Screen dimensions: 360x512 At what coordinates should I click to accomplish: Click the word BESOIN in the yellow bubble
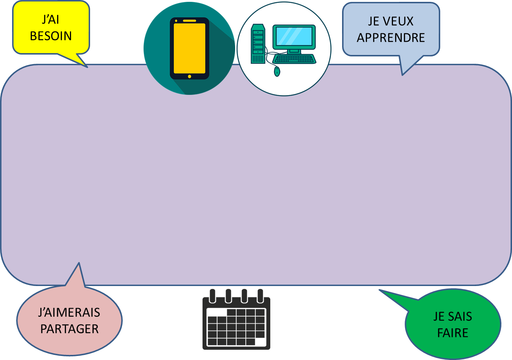click(51, 36)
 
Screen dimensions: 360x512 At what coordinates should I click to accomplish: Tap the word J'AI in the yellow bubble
click(51, 20)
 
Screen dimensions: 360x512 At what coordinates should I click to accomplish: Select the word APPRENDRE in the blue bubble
click(391, 38)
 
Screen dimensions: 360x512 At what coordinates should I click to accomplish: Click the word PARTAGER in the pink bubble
click(70, 329)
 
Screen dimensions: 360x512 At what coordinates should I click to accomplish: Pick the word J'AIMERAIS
click(69, 313)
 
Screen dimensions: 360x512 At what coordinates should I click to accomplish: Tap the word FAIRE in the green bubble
click(453, 333)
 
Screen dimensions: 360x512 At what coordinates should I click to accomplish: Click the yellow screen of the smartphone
click(189, 48)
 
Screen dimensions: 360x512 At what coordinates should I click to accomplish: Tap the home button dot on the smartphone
click(189, 77)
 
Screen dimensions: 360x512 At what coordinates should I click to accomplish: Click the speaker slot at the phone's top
click(189, 21)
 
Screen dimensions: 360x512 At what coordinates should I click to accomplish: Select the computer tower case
click(258, 44)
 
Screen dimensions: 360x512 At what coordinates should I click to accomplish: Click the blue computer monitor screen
click(294, 37)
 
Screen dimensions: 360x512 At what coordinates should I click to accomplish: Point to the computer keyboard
click(294, 59)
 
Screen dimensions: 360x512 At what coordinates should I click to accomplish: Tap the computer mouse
click(277, 71)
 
